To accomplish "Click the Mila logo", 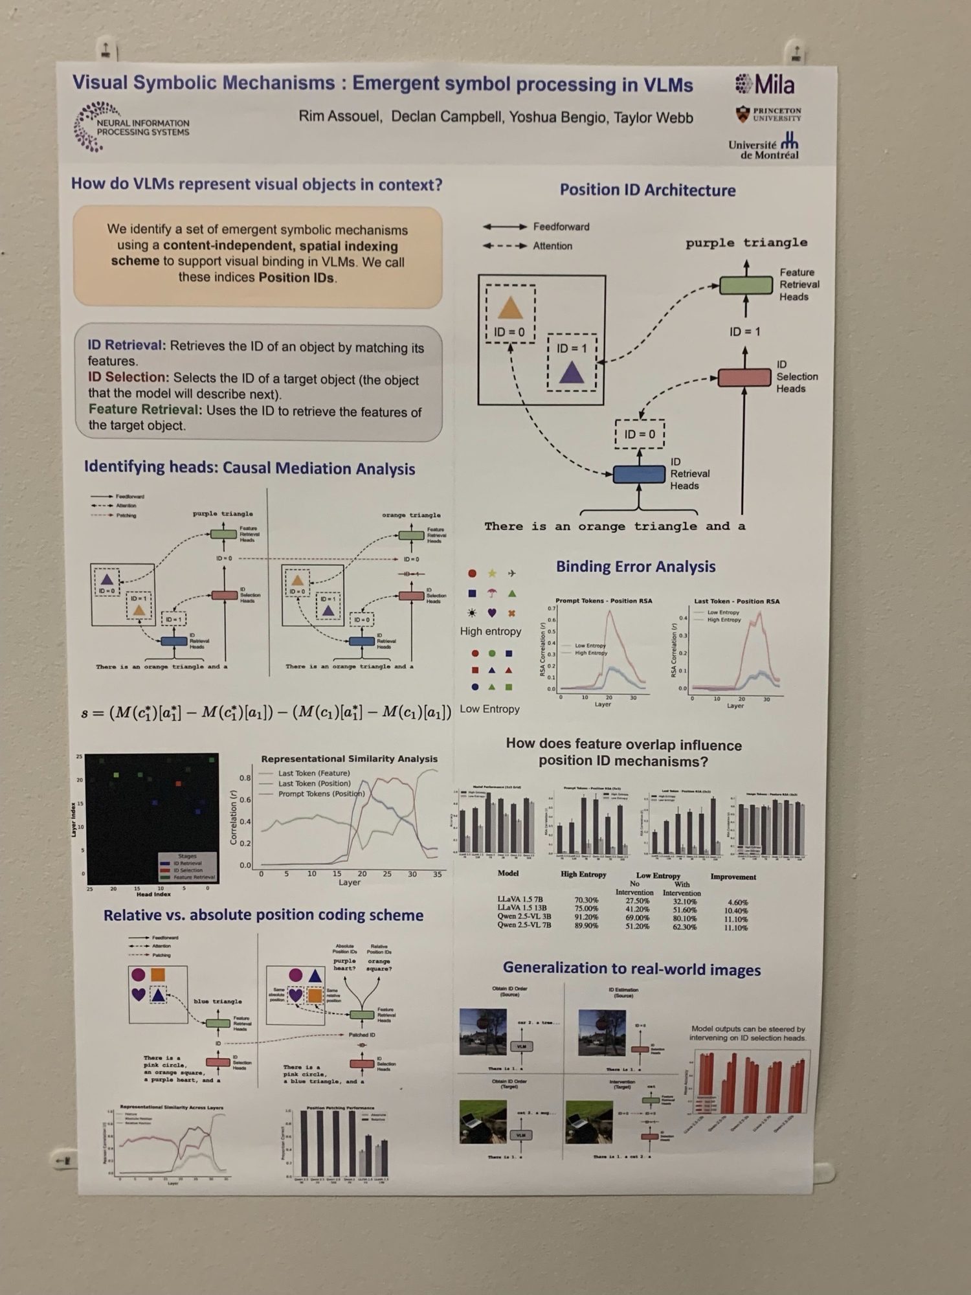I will pyautogui.click(x=765, y=84).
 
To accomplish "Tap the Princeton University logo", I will pyautogui.click(x=768, y=115).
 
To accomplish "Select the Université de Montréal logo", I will pyautogui.click(x=765, y=146).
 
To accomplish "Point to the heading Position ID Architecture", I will pyautogui.click(x=647, y=190).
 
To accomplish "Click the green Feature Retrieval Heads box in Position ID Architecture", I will pyautogui.click(x=746, y=285).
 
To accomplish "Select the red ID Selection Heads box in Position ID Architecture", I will pyautogui.click(x=744, y=377).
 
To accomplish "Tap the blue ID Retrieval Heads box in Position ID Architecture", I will pyautogui.click(x=638, y=474).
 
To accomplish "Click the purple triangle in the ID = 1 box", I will pyautogui.click(x=571, y=372).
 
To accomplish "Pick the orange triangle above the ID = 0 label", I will pyautogui.click(x=510, y=308).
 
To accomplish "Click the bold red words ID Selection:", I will pyautogui.click(x=128, y=377).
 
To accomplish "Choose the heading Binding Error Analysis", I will pyautogui.click(x=635, y=567).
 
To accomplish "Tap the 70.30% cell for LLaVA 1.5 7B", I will pyautogui.click(x=586, y=900).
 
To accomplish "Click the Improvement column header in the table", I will pyautogui.click(x=733, y=877).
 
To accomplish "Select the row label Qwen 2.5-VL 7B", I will pyautogui.click(x=524, y=925).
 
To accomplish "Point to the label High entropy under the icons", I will pyautogui.click(x=490, y=631).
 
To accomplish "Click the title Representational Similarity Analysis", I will pyautogui.click(x=349, y=758).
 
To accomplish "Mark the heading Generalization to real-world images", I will pyautogui.click(x=631, y=969).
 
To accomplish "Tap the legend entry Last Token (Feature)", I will pyautogui.click(x=313, y=773).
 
